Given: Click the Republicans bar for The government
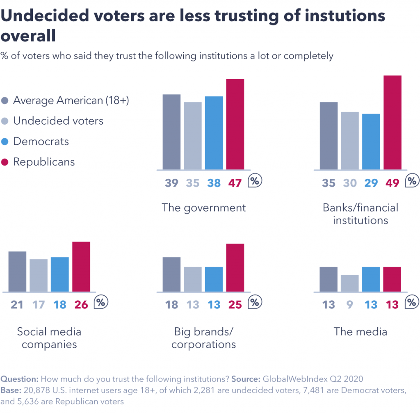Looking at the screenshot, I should (235, 124).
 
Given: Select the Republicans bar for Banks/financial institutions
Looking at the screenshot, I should (392, 122).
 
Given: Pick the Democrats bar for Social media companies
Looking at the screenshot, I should (60, 274).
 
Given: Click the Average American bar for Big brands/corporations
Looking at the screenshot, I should (171, 274).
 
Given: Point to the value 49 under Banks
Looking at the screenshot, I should (392, 183).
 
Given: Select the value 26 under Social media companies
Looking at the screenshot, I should (81, 304).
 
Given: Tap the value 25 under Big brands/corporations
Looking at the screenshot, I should (235, 304).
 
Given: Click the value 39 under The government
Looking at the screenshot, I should (171, 183).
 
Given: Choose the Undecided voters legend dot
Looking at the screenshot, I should (5, 121).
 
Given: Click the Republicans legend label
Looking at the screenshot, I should (44, 162).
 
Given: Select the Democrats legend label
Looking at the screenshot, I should (41, 141).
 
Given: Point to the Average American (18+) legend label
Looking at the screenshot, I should (71, 100).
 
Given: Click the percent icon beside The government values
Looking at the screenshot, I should (256, 181).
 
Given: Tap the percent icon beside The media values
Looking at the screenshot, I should (412, 303).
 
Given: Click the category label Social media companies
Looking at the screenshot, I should (49, 338).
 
